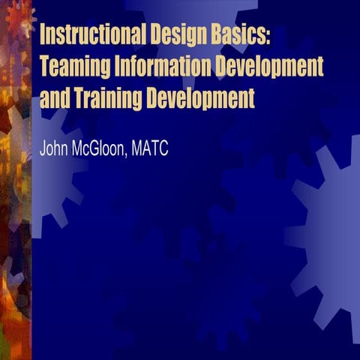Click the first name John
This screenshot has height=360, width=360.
(54, 148)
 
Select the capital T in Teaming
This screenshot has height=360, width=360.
(43, 67)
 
